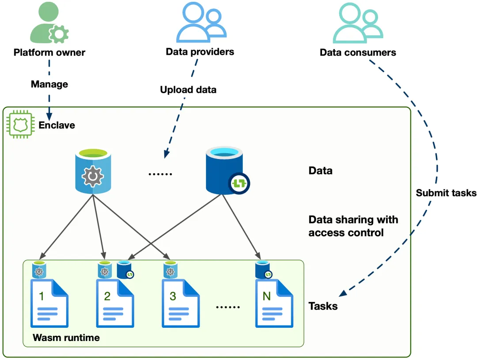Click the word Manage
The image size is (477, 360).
coord(49,84)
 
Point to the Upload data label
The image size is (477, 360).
coord(188,90)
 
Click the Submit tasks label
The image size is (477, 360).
coord(446,193)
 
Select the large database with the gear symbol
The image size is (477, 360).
coord(92,172)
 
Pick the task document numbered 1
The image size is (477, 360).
coord(49,303)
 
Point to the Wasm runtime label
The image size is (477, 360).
coord(66,338)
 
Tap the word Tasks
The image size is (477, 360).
coord(323,306)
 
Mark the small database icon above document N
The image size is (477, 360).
coord(262,270)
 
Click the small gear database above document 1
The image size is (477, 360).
coord(38,270)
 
